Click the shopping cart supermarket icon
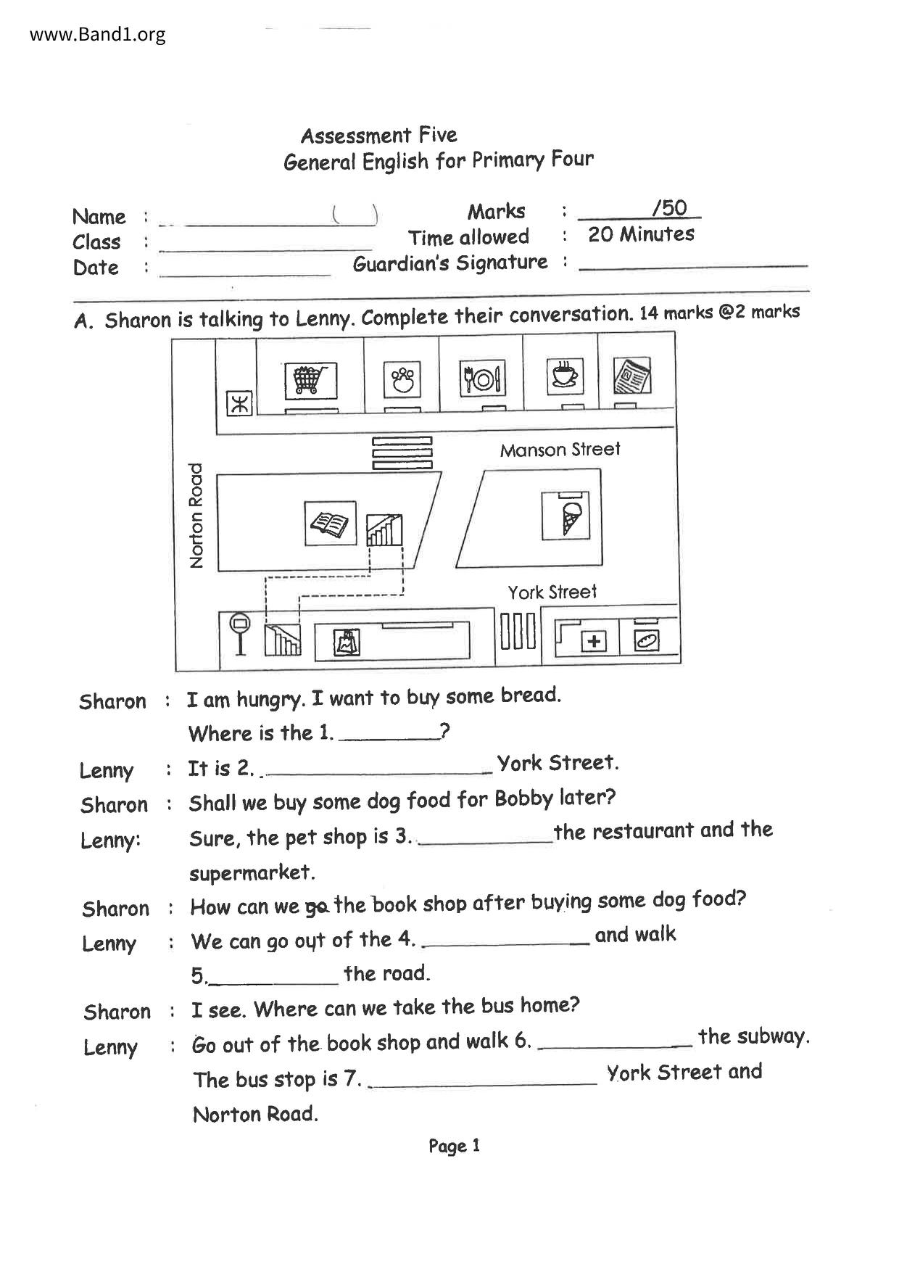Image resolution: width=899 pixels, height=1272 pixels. (310, 380)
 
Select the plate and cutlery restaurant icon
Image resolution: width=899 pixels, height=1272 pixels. (482, 378)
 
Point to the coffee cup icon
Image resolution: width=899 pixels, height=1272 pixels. (565, 376)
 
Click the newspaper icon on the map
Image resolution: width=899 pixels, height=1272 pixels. (631, 376)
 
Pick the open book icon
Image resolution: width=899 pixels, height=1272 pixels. (330, 523)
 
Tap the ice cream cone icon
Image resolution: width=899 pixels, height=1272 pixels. (565, 516)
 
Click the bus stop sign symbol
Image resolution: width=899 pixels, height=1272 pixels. (240, 633)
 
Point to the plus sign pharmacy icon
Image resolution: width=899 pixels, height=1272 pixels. (594, 641)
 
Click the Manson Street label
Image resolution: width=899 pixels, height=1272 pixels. (560, 450)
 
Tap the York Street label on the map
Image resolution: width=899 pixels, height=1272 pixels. (552, 592)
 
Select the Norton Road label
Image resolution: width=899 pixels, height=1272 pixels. (196, 515)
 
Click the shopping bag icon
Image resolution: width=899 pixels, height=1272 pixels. (347, 643)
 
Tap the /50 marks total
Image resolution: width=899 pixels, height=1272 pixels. (669, 209)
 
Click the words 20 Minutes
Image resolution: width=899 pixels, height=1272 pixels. (641, 234)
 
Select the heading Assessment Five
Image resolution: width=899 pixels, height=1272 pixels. (378, 136)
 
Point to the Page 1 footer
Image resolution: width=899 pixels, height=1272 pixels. (454, 1146)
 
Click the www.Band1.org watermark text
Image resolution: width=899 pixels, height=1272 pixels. (98, 34)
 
